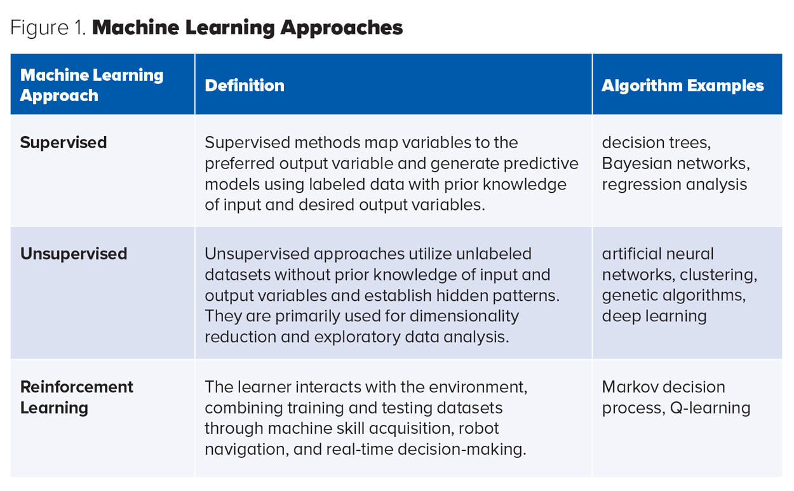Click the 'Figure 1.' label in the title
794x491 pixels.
pos(48,27)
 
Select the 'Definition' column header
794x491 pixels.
pos(245,85)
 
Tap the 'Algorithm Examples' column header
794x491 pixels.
pos(683,85)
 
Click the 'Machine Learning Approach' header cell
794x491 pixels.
pos(91,85)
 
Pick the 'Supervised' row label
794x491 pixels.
pos(64,142)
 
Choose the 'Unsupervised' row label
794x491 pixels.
pos(74,254)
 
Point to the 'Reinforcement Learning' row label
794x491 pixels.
pos(76,397)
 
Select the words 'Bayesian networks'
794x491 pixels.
pos(675,163)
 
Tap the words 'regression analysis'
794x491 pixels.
pos(675,184)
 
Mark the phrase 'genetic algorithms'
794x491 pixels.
pos(673,296)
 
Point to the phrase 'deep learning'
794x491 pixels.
pos(654,316)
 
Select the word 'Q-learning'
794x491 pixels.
pos(710,408)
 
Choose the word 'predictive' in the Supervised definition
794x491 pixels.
pos(541,163)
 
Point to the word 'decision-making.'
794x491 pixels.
pos(462,449)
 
